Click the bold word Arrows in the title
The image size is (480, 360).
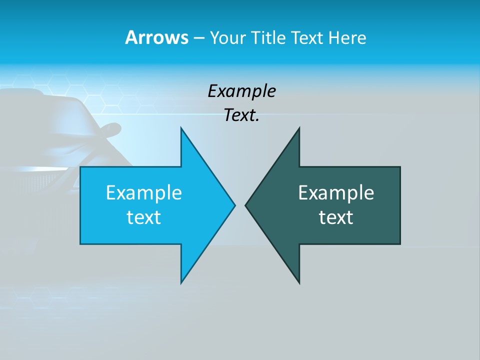pos(156,37)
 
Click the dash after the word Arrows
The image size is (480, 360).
pos(198,38)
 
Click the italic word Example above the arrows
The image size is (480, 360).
pos(242,91)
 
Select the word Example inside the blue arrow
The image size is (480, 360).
pos(144,193)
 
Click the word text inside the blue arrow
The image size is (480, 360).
pos(144,217)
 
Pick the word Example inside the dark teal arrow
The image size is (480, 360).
pos(336,193)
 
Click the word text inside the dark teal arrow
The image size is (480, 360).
pos(336,217)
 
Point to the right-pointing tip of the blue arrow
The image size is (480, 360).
pos(234,205)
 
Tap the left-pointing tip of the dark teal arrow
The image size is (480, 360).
pos(246,205)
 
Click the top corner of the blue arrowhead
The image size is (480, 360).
pos(181,128)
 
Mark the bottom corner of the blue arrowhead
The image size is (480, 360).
pos(181,282)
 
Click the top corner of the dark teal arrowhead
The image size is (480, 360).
pos(299,128)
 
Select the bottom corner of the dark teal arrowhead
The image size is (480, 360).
pos(299,282)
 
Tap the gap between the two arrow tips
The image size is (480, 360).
pos(240,205)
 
